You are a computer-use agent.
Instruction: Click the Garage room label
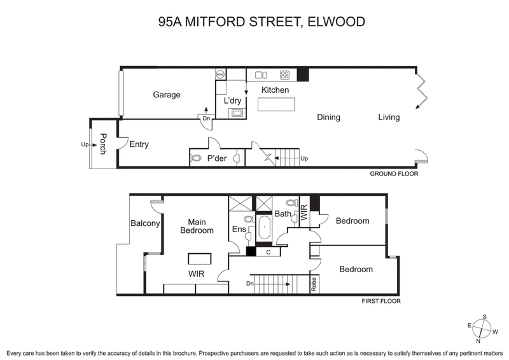click(167, 95)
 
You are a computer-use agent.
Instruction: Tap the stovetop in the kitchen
click(285, 74)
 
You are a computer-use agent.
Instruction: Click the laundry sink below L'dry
click(237, 113)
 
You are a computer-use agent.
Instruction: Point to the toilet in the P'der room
click(197, 158)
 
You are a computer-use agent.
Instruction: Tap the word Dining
click(328, 117)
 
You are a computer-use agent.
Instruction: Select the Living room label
click(389, 117)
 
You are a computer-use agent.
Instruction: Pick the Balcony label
click(145, 223)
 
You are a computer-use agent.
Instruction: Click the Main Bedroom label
click(196, 226)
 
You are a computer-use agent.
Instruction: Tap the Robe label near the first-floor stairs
click(314, 283)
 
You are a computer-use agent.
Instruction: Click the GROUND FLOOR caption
click(394, 173)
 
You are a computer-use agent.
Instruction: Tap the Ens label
click(238, 229)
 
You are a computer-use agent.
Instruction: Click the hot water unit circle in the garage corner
click(221, 74)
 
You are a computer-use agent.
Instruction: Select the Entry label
click(139, 144)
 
